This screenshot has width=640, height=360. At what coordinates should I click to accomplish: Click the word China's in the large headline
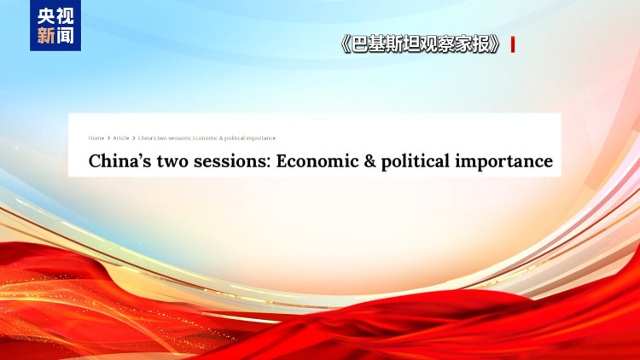(118, 161)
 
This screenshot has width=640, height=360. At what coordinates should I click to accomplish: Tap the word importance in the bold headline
(510, 161)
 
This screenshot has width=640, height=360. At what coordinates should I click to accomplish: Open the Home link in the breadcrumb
(96, 138)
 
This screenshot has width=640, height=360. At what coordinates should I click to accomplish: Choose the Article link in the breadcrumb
(121, 138)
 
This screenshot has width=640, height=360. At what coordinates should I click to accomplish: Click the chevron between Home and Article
(108, 138)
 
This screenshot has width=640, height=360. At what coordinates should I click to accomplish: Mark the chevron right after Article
(133, 138)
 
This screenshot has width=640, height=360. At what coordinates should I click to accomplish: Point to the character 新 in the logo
(45, 37)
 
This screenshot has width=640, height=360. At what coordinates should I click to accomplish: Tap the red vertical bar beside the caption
(512, 44)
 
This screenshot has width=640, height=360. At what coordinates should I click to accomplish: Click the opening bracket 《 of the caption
(346, 44)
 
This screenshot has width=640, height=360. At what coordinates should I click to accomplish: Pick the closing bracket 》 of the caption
(495, 44)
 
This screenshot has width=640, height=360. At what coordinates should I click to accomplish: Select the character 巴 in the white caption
(362, 44)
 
